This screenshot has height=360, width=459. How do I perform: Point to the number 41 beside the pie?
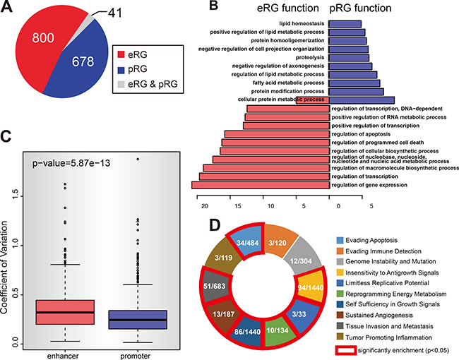point(126,12)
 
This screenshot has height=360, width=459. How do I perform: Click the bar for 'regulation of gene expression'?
point(261,185)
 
